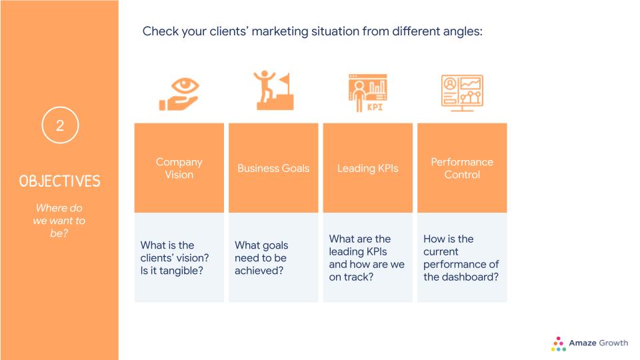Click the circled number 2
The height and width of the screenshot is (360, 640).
[x=60, y=125]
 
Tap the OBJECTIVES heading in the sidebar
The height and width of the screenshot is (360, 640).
[x=59, y=181]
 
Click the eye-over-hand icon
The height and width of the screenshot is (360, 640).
[x=179, y=94]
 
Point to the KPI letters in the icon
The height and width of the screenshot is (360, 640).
[x=375, y=107]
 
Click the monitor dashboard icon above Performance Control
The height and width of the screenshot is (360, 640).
[x=462, y=93]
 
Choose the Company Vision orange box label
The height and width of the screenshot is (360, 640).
[x=179, y=168]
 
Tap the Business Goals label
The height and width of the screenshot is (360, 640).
[x=273, y=168]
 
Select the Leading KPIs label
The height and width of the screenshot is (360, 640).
[x=368, y=168]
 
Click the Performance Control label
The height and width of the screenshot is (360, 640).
[x=462, y=168]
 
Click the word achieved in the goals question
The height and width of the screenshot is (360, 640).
[x=259, y=271]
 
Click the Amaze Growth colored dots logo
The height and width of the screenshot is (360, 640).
[x=559, y=344]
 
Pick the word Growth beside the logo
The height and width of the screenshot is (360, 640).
[x=613, y=343]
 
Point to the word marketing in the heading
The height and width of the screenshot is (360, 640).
[x=279, y=31]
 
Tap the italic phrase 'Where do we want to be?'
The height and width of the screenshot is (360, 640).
[x=59, y=221]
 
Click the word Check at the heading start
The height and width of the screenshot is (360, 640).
[x=161, y=31]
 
